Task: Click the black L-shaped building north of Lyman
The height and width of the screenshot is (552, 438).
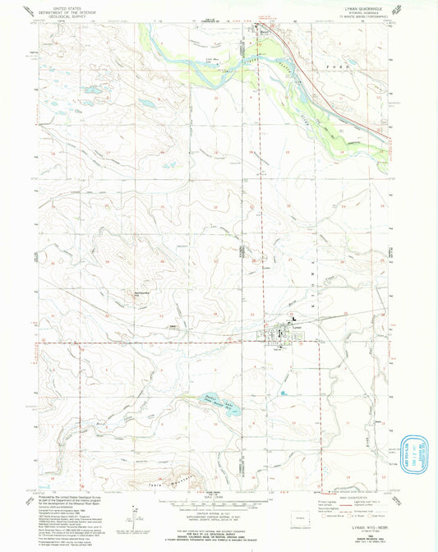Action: (291, 320)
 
